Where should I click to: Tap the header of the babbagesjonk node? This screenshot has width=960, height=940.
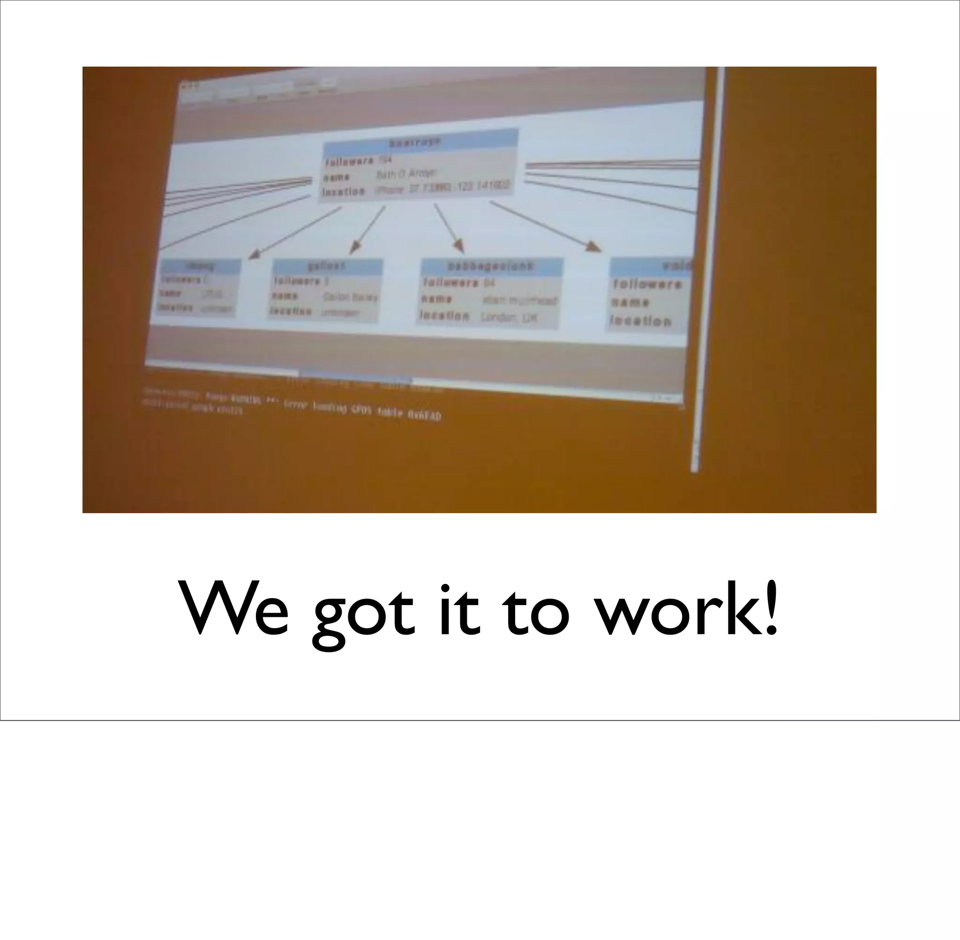491,266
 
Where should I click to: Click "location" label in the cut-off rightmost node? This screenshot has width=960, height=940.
641,321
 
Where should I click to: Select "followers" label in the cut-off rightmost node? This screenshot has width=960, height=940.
647,284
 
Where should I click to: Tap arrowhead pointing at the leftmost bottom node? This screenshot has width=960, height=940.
254,254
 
